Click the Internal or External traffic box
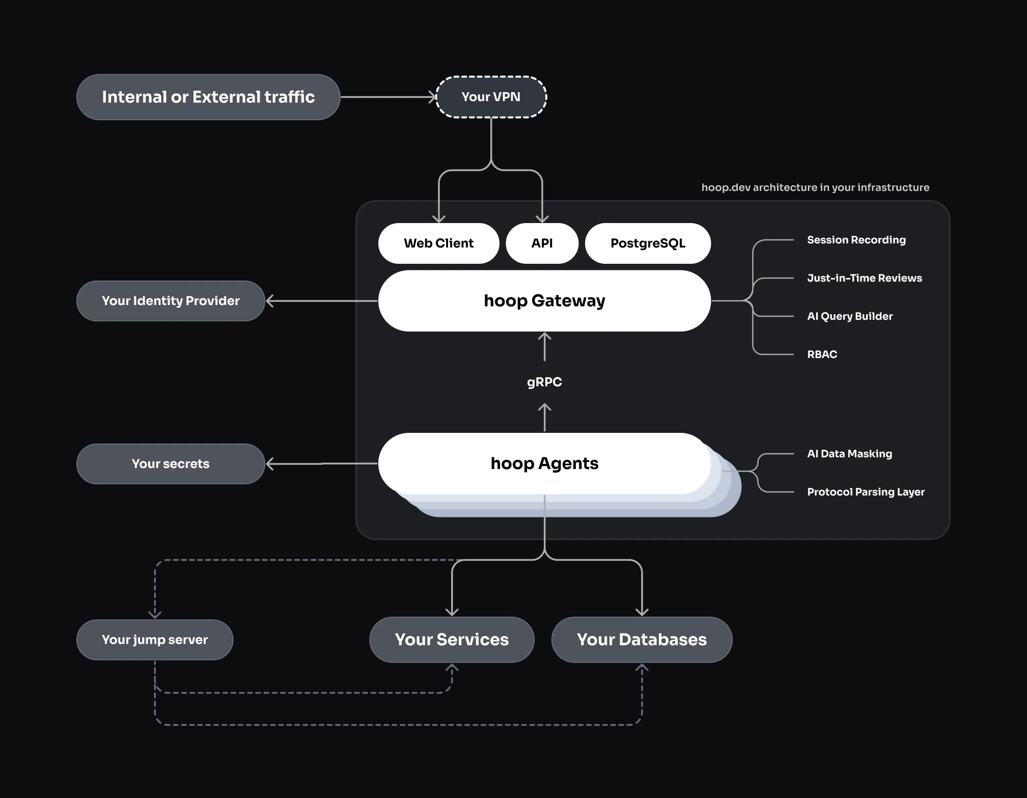pos(208,97)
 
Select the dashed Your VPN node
pos(491,97)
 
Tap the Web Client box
pos(438,243)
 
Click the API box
pos(542,243)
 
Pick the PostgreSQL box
pos(648,243)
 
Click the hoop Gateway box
pos(544,301)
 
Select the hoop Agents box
pos(544,463)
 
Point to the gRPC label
pos(544,382)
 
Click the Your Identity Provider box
pos(171,301)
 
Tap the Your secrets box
pos(171,464)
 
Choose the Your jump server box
pos(155,640)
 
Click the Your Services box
pos(452,640)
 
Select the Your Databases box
pos(642,640)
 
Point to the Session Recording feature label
pos(856,240)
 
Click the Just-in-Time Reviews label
pos(864,278)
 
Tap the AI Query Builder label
pos(849,316)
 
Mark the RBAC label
pos(822,354)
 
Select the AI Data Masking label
pos(849,454)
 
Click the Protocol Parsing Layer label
pos(866,492)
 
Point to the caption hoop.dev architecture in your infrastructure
pos(815,187)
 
